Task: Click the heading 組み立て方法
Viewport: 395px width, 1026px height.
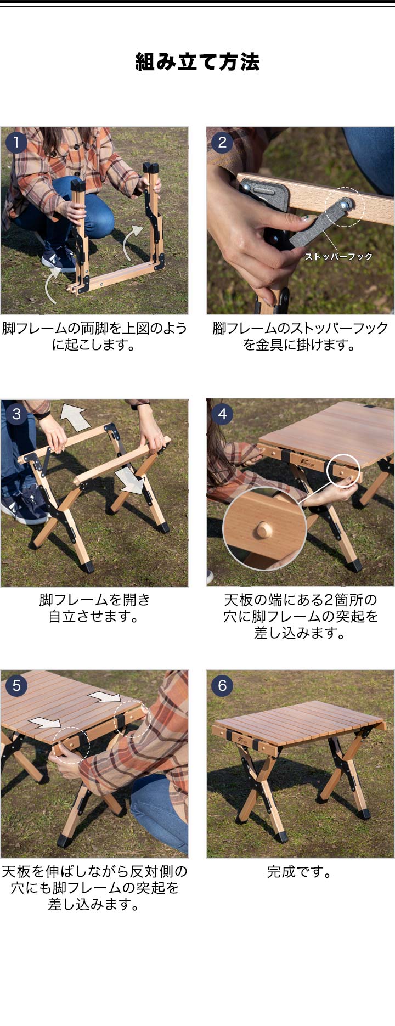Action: pyautogui.click(x=198, y=62)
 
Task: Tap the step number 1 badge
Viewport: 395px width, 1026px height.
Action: pyautogui.click(x=16, y=143)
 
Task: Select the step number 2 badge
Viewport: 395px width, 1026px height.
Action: pyautogui.click(x=222, y=143)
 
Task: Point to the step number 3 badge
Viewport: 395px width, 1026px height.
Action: pyautogui.click(x=16, y=414)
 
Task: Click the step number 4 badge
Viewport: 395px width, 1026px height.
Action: pyautogui.click(x=222, y=414)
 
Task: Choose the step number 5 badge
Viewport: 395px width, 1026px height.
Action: pyautogui.click(x=16, y=685)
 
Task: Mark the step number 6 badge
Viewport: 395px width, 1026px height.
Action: pyautogui.click(x=222, y=685)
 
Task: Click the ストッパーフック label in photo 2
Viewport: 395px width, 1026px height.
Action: pyautogui.click(x=339, y=256)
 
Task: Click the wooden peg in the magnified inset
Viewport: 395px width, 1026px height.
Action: pyautogui.click(x=264, y=530)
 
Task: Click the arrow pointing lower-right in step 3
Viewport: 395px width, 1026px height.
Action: pyautogui.click(x=131, y=481)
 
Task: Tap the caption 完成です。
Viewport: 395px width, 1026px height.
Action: pyautogui.click(x=300, y=872)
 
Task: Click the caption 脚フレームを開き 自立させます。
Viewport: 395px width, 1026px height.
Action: pyautogui.click(x=94, y=608)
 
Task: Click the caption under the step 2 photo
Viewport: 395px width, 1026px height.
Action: pyautogui.click(x=300, y=337)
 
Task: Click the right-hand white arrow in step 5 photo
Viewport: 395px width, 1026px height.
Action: pyautogui.click(x=104, y=697)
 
